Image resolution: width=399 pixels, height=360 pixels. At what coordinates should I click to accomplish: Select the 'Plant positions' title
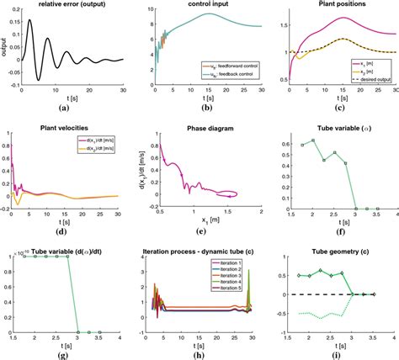click(337, 5)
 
